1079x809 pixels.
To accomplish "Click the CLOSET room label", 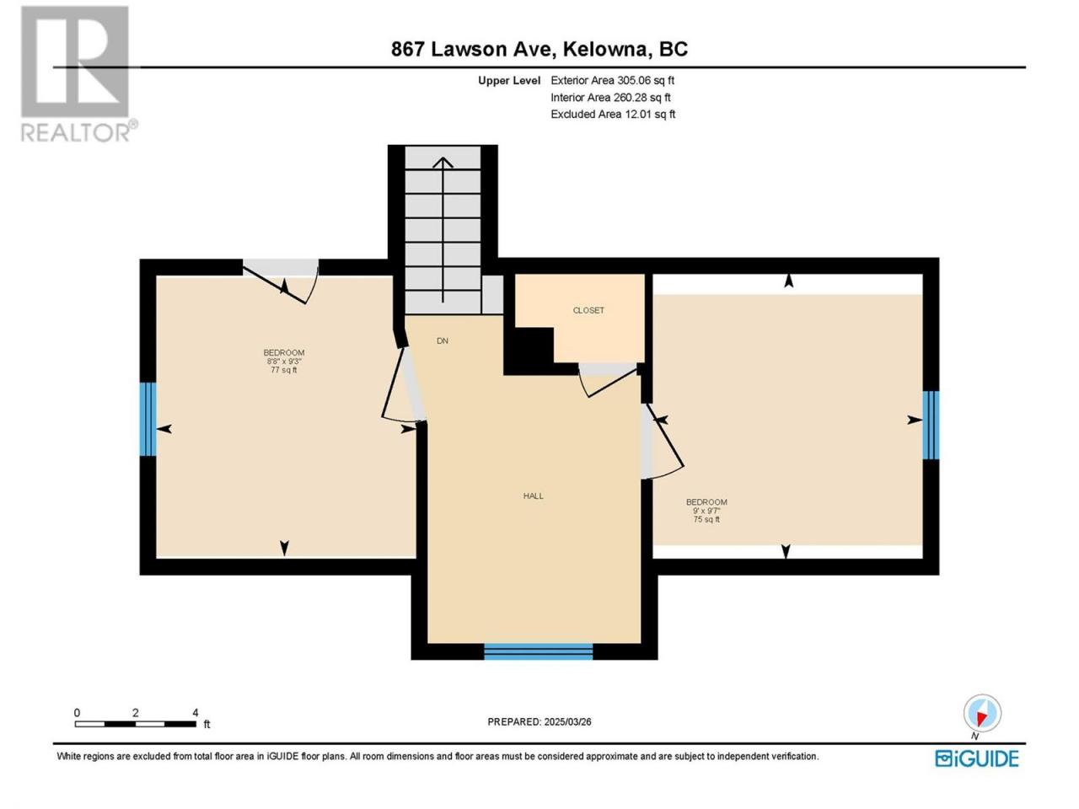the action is (x=588, y=310).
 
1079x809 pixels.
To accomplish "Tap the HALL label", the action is (x=534, y=496).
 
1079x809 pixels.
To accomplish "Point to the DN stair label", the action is (x=443, y=341).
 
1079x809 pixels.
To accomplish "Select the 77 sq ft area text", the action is (x=283, y=370).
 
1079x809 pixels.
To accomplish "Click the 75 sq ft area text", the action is (x=706, y=519).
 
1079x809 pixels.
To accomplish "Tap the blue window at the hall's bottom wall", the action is (x=539, y=651).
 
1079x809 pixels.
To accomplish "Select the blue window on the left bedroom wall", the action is (x=148, y=419).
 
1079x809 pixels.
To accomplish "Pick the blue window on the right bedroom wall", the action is (x=931, y=425).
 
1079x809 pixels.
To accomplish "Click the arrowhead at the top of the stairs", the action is (x=443, y=162).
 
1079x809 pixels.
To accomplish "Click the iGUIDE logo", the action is (x=977, y=758).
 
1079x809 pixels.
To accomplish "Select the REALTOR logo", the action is (x=78, y=74).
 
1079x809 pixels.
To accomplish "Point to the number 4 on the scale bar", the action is (x=196, y=713).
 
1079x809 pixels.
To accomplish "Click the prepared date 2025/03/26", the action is (x=567, y=722).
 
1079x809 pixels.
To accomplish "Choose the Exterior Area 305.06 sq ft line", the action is (x=613, y=81).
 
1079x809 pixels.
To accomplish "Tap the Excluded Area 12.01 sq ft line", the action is (x=613, y=115).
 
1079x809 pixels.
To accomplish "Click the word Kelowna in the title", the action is (x=605, y=49).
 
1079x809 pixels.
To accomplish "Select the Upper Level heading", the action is (x=509, y=81).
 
